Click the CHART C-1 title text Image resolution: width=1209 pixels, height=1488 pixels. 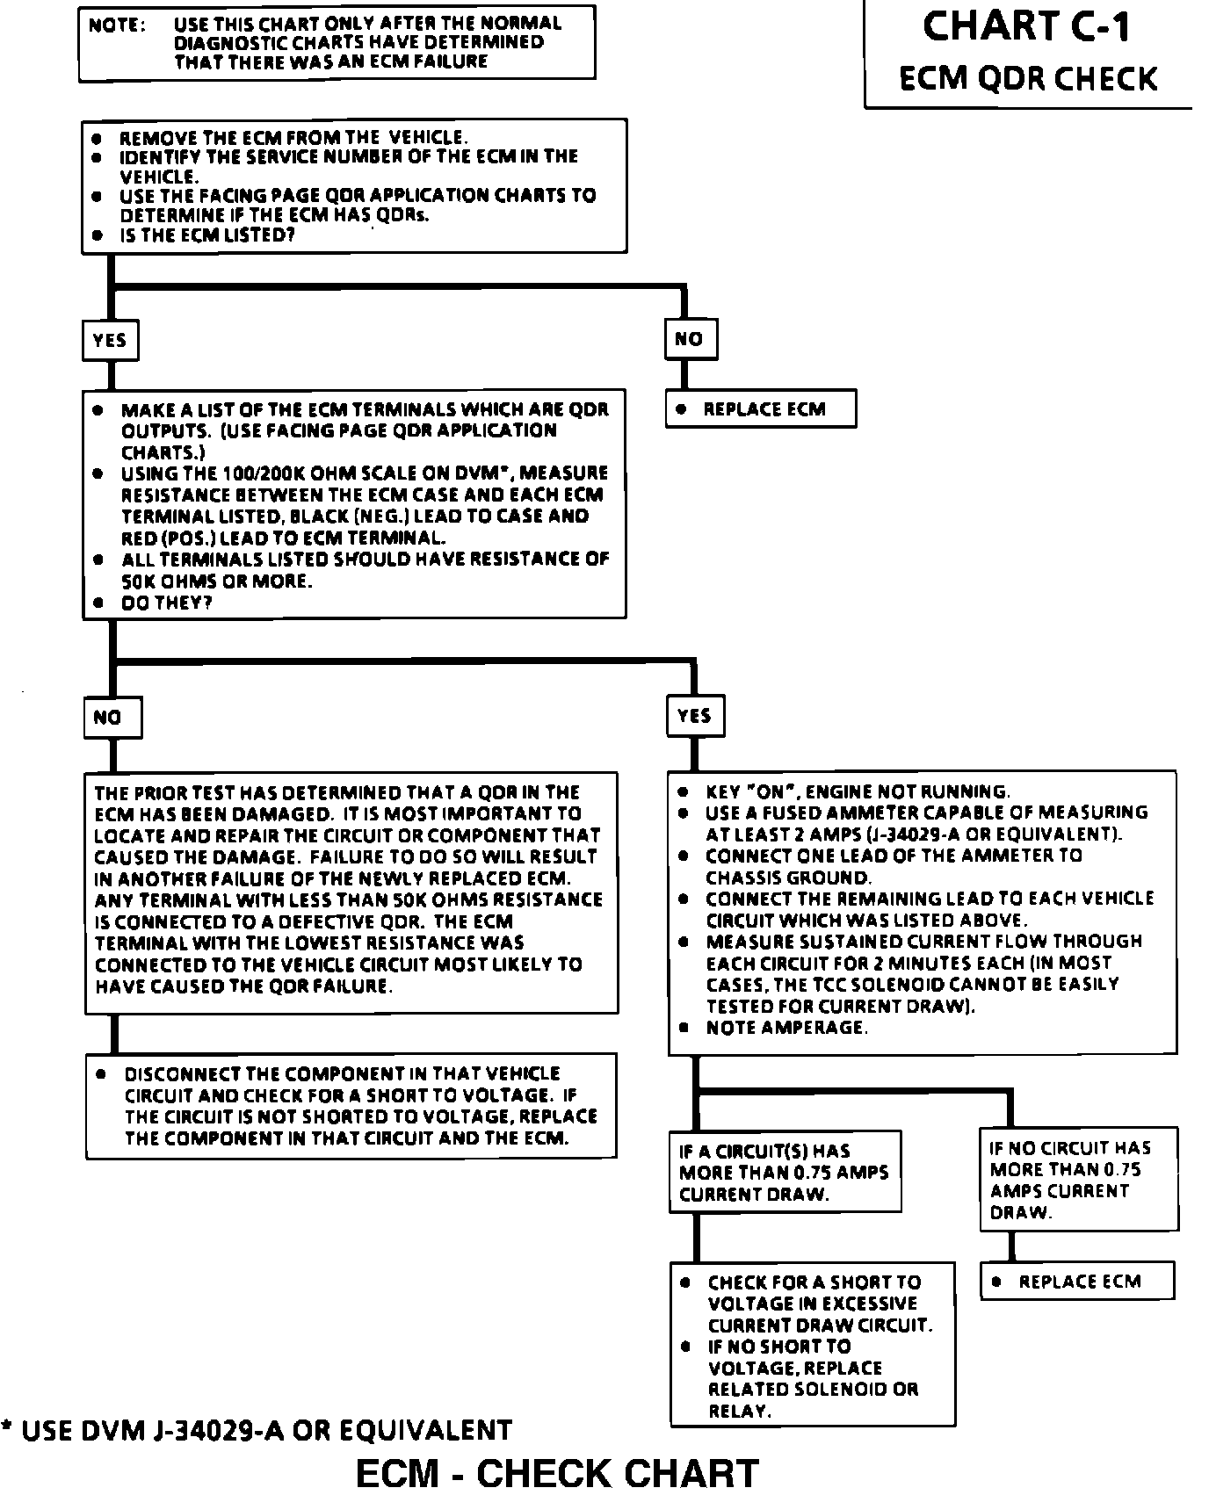click(1026, 26)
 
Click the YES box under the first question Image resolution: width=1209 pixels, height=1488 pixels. click(110, 340)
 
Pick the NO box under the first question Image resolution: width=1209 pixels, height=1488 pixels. click(690, 339)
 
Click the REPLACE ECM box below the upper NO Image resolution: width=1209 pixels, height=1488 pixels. click(761, 409)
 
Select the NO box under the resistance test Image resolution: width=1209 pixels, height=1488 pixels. click(111, 718)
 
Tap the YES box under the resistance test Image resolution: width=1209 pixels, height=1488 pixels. click(694, 716)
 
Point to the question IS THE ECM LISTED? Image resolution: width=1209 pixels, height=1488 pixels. click(206, 235)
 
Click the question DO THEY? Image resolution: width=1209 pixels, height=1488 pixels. click(167, 603)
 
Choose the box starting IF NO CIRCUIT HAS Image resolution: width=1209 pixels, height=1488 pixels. click(1078, 1180)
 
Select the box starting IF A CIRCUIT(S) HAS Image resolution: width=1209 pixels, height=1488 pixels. click(785, 1172)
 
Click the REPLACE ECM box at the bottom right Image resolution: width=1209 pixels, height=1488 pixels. click(1077, 1282)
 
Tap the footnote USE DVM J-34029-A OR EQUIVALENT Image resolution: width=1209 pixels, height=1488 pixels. click(257, 1431)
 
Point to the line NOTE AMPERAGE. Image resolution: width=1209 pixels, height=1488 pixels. click(786, 1028)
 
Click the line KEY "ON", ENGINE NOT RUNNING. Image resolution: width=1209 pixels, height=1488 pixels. click(857, 791)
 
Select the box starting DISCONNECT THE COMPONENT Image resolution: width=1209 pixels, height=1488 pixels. click(351, 1106)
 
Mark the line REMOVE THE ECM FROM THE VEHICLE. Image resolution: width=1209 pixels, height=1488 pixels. click(293, 138)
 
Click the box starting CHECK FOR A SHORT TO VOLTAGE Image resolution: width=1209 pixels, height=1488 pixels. click(813, 1345)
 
